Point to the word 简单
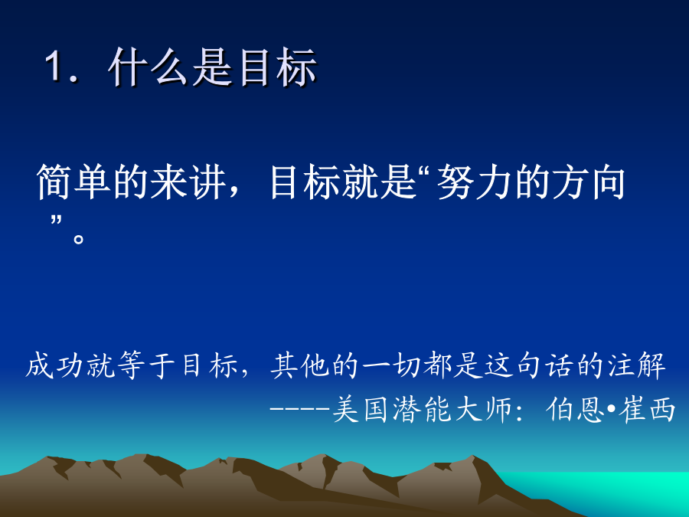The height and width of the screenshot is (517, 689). point(73,182)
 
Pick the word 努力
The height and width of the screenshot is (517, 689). point(475,182)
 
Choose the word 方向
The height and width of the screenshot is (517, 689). point(589,182)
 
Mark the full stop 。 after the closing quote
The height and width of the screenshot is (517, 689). point(79,239)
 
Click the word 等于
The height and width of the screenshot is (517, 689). point(145,365)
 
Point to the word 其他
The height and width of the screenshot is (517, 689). point(299,365)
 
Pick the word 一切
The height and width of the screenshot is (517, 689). point(391,365)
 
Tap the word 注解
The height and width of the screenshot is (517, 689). point(637,365)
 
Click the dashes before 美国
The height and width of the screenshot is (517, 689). point(299,409)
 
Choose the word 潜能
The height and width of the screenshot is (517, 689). point(422,409)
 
